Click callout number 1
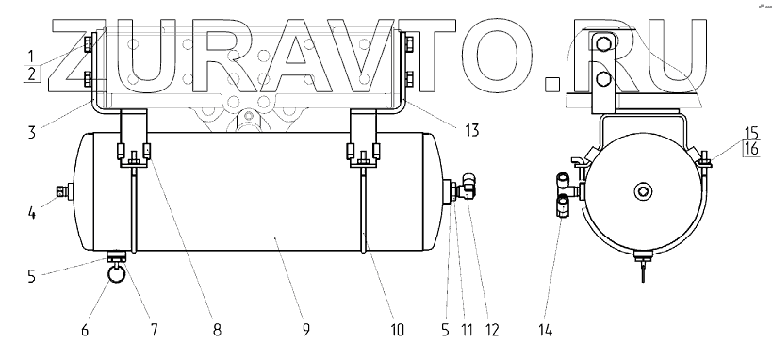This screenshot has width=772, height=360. coord(32,56)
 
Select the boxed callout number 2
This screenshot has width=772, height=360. coord(32,74)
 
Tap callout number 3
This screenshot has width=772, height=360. coord(32,133)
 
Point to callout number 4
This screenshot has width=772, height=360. coord(32,214)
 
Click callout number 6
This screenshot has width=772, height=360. coord(85,330)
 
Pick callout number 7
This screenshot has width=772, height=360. coord(154,330)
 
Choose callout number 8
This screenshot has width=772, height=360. coord(217,330)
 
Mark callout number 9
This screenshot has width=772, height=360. coord(306,330)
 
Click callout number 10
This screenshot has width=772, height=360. coord(397,330)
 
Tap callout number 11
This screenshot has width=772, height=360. coord(466,330)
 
